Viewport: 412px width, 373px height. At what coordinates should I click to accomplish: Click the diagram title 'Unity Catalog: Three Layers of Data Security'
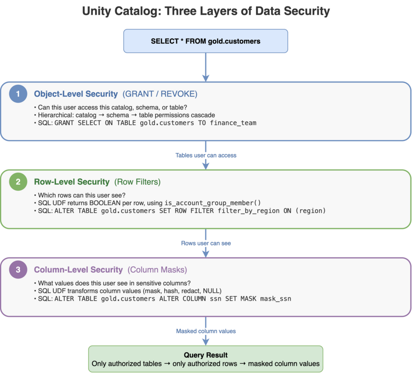coord(206,11)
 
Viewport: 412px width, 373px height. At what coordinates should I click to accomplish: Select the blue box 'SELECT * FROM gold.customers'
coord(206,41)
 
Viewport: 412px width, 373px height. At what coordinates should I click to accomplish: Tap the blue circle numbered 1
coord(18,94)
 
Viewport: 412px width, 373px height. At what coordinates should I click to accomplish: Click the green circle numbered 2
coord(18,182)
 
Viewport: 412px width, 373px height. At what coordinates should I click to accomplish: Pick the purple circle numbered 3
coord(18,270)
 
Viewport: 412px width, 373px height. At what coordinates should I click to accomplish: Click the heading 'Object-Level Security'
coord(76,94)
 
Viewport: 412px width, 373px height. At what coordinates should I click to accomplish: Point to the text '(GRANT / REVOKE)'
coord(160,94)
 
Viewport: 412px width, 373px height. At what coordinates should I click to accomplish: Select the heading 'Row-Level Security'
coord(72,182)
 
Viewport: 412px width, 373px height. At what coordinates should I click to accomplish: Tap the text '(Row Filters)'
coord(138,182)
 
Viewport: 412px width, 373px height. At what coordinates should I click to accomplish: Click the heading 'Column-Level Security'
coord(78,270)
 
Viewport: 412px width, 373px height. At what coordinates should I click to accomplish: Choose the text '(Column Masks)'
coord(157,270)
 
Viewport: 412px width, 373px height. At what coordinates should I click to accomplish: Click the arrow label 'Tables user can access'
coord(206,155)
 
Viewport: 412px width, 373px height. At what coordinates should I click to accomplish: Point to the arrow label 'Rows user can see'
coord(206,243)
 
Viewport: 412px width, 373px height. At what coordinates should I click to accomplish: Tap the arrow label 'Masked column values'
coord(206,331)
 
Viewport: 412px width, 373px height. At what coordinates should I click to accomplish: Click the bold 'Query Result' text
coord(206,355)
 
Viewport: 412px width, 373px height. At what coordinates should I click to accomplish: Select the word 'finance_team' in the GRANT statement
coord(233,123)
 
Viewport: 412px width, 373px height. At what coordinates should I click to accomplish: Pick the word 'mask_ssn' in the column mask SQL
coord(276,299)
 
